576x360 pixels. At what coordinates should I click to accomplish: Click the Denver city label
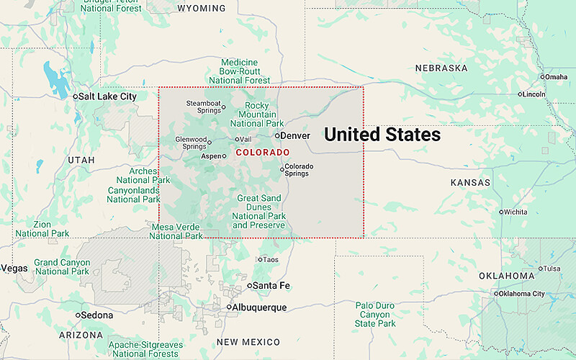click(x=295, y=135)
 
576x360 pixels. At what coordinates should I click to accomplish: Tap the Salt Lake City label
click(x=107, y=96)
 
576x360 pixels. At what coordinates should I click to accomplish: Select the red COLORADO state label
click(x=263, y=153)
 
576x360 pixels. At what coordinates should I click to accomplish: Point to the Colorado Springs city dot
click(x=282, y=170)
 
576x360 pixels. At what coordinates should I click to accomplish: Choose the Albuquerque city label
click(x=260, y=307)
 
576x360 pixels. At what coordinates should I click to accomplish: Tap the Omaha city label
click(x=556, y=77)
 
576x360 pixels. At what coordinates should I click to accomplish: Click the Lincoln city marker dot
click(x=521, y=94)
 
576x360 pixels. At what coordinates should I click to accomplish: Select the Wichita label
click(x=516, y=212)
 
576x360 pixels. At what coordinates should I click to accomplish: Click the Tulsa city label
click(x=552, y=269)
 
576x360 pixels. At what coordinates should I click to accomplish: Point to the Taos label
click(x=271, y=259)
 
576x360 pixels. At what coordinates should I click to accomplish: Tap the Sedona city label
click(x=97, y=315)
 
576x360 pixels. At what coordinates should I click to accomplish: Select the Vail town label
click(x=246, y=139)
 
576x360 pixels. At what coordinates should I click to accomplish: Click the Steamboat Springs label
click(x=204, y=107)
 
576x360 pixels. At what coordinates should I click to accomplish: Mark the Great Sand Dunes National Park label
click(x=259, y=212)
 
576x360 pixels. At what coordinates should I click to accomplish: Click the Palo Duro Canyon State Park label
click(x=375, y=315)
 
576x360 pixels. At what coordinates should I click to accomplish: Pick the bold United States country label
click(x=382, y=135)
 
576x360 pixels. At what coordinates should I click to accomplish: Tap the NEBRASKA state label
click(x=441, y=68)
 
